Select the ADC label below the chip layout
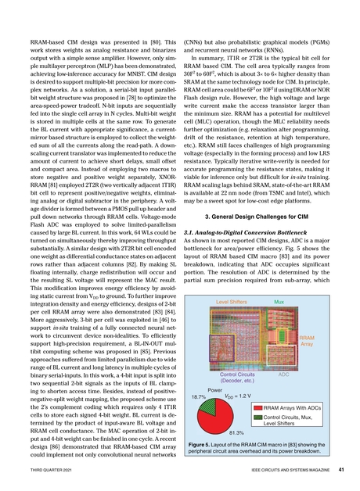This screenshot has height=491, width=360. point(283,375)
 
